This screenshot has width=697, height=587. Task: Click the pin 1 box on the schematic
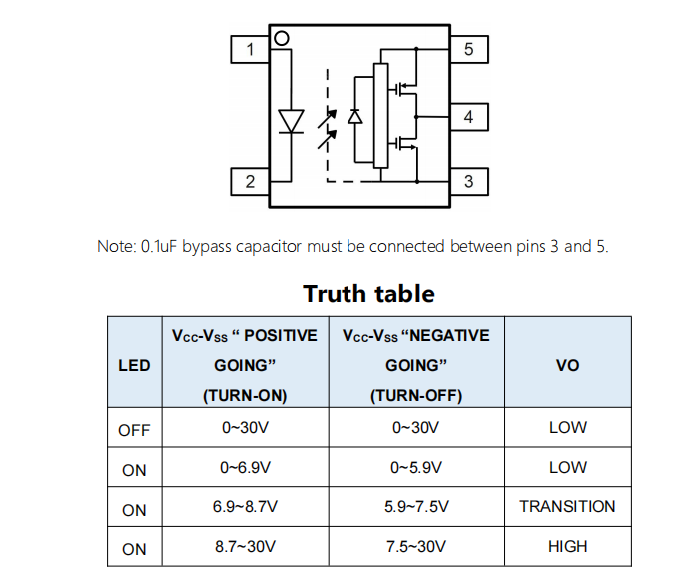pyautogui.click(x=250, y=49)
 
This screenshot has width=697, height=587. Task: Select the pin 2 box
pyautogui.click(x=250, y=181)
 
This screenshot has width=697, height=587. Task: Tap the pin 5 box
pyautogui.click(x=468, y=49)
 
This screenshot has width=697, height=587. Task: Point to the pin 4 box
pyautogui.click(x=468, y=117)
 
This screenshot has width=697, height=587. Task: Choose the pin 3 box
pyautogui.click(x=468, y=181)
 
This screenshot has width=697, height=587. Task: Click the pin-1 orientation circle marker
pyautogui.click(x=282, y=38)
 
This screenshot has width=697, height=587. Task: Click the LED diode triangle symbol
pyautogui.click(x=291, y=121)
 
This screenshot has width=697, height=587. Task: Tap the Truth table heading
pyautogui.click(x=368, y=293)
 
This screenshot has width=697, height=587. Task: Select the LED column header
pyautogui.click(x=134, y=365)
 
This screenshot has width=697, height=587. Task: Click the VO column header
pyautogui.click(x=567, y=365)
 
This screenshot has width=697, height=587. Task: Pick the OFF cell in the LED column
pyautogui.click(x=134, y=430)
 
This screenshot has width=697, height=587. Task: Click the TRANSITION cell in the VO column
pyautogui.click(x=567, y=507)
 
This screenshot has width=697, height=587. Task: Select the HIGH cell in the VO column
pyautogui.click(x=567, y=547)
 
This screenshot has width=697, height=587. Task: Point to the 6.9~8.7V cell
pyautogui.click(x=244, y=507)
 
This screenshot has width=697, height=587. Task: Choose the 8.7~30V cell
pyautogui.click(x=244, y=547)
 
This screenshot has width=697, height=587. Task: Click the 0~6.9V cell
pyautogui.click(x=244, y=467)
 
